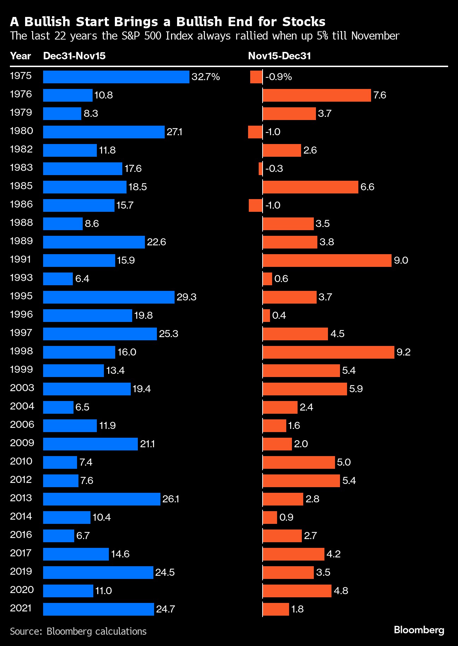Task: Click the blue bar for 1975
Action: (x=116, y=77)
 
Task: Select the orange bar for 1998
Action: (x=328, y=352)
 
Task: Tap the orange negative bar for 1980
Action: (x=255, y=132)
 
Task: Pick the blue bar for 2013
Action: (x=102, y=499)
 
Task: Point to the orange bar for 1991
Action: (x=327, y=261)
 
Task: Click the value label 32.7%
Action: (x=206, y=77)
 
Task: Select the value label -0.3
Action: (x=274, y=169)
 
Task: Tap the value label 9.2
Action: (x=403, y=352)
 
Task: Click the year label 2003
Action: (x=22, y=388)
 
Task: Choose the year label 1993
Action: (x=21, y=278)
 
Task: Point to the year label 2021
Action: (x=21, y=608)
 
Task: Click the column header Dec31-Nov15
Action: (x=74, y=56)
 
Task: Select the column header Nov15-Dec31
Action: (x=279, y=56)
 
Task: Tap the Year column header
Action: (x=20, y=56)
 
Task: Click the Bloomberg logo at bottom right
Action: (x=419, y=630)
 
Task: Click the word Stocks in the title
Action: (x=304, y=22)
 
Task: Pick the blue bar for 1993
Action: (x=58, y=279)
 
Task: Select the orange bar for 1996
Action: (x=266, y=316)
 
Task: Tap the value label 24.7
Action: (x=165, y=609)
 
